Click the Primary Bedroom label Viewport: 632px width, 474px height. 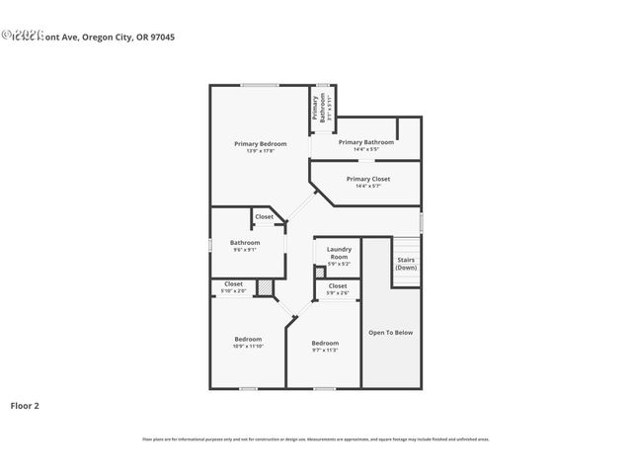click(x=260, y=143)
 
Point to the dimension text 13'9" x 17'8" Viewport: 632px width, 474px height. click(x=260, y=151)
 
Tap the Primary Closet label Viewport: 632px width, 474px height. click(x=367, y=179)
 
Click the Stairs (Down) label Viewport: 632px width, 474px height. click(x=406, y=264)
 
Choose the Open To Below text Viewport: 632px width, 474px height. click(x=390, y=332)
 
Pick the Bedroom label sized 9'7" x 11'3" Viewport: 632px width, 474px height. click(x=325, y=343)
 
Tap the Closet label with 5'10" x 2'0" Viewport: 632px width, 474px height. click(x=233, y=283)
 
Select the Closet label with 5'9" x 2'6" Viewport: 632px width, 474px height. click(x=338, y=285)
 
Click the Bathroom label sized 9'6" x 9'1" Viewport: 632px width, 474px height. click(x=245, y=242)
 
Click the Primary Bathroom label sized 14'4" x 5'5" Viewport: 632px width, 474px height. click(x=366, y=142)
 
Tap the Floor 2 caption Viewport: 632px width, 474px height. click(x=25, y=405)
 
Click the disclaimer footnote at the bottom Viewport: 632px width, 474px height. click(x=316, y=439)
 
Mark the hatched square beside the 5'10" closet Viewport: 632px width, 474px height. click(x=265, y=287)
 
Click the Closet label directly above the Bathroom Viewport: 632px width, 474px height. click(x=265, y=216)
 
